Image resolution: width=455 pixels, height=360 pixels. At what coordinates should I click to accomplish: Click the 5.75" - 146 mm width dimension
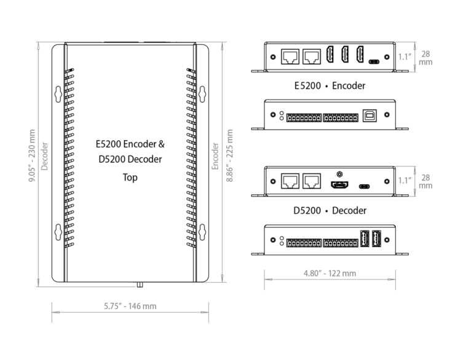pos(130,306)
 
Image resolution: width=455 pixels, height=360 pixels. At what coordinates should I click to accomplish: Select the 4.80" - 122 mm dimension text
pos(330,273)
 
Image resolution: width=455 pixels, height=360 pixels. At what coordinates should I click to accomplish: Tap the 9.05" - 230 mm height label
pos(31,155)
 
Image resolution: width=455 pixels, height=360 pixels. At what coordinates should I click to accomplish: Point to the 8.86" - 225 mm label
pos(229,155)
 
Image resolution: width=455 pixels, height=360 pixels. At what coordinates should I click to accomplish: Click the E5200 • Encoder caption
pos(330,85)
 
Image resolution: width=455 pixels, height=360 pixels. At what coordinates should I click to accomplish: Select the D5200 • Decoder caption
pos(330,210)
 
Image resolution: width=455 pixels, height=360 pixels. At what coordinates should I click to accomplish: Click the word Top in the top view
pos(130,178)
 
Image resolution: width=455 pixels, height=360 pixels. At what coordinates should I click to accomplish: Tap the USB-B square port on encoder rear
pos(370,115)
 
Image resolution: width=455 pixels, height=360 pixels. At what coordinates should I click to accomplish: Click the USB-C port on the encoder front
pos(374,61)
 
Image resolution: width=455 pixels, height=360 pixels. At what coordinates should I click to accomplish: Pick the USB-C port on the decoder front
pos(364,186)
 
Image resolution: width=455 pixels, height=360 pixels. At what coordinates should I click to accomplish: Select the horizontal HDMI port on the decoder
pos(339,185)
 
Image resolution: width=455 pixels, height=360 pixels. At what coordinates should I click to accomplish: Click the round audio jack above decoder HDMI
pos(339,174)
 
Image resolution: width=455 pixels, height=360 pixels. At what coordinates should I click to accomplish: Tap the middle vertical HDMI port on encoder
pos(345,54)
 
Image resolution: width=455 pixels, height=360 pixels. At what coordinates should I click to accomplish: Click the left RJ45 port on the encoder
pos(290,57)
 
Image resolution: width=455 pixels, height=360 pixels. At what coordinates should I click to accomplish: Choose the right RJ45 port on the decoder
pos(312,181)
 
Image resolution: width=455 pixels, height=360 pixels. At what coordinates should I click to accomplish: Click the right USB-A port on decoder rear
pos(376,238)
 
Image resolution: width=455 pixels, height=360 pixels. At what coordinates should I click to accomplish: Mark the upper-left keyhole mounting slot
pos(58,94)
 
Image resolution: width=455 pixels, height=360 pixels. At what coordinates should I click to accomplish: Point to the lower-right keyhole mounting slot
pos(202,232)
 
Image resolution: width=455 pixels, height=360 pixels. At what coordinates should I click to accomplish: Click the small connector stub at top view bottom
pos(140,284)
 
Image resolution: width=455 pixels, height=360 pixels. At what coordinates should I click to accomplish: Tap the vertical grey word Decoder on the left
pos(44,156)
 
